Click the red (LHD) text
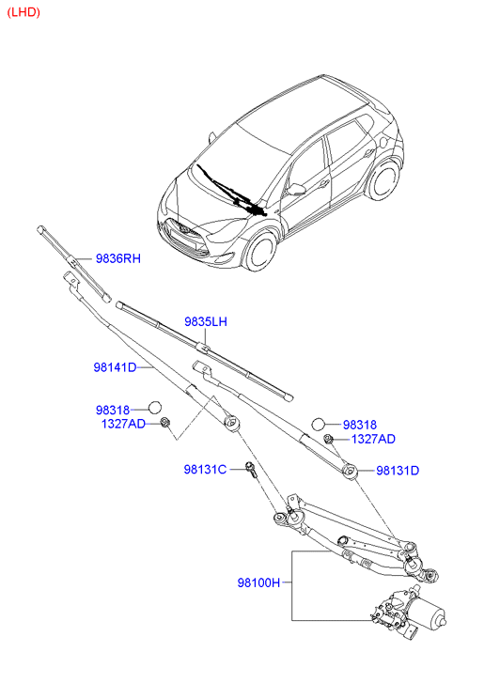tap(23, 12)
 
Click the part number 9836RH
tap(118, 258)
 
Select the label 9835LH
tap(206, 321)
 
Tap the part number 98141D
tap(115, 367)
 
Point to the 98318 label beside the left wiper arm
tap(113, 410)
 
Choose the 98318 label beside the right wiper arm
tap(360, 425)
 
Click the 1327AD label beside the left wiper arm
tap(123, 424)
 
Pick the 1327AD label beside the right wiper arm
tap(373, 439)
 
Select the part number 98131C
tap(205, 469)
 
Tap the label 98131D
tap(398, 471)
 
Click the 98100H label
tap(259, 582)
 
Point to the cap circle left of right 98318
tap(319, 424)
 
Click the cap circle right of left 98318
tap(155, 408)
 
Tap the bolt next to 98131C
tap(252, 471)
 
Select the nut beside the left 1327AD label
tap(165, 422)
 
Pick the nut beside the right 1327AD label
tap(329, 439)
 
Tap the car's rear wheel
tap(384, 179)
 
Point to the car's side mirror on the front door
tap(296, 190)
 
